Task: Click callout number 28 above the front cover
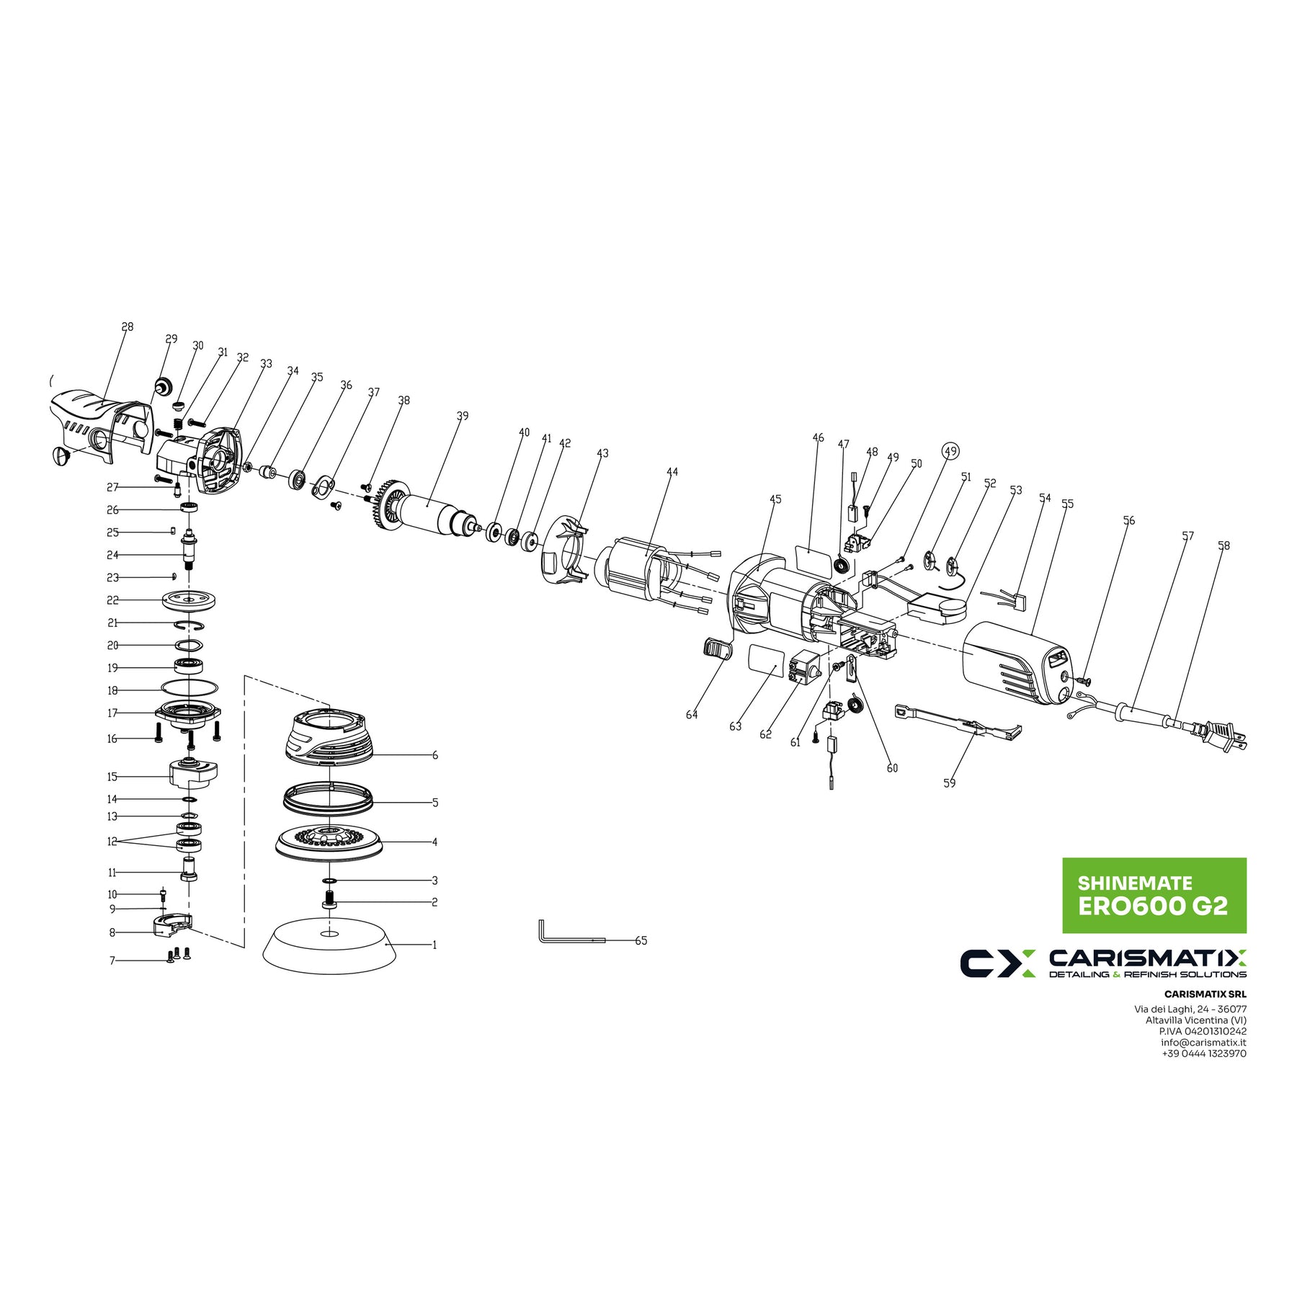click(x=128, y=327)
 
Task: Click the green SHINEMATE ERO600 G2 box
click(x=1154, y=895)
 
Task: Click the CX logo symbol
click(x=997, y=963)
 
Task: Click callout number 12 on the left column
click(x=112, y=842)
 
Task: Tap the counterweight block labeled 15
click(x=192, y=775)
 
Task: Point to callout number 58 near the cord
click(x=1224, y=546)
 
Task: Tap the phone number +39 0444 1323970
click(x=1203, y=1053)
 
